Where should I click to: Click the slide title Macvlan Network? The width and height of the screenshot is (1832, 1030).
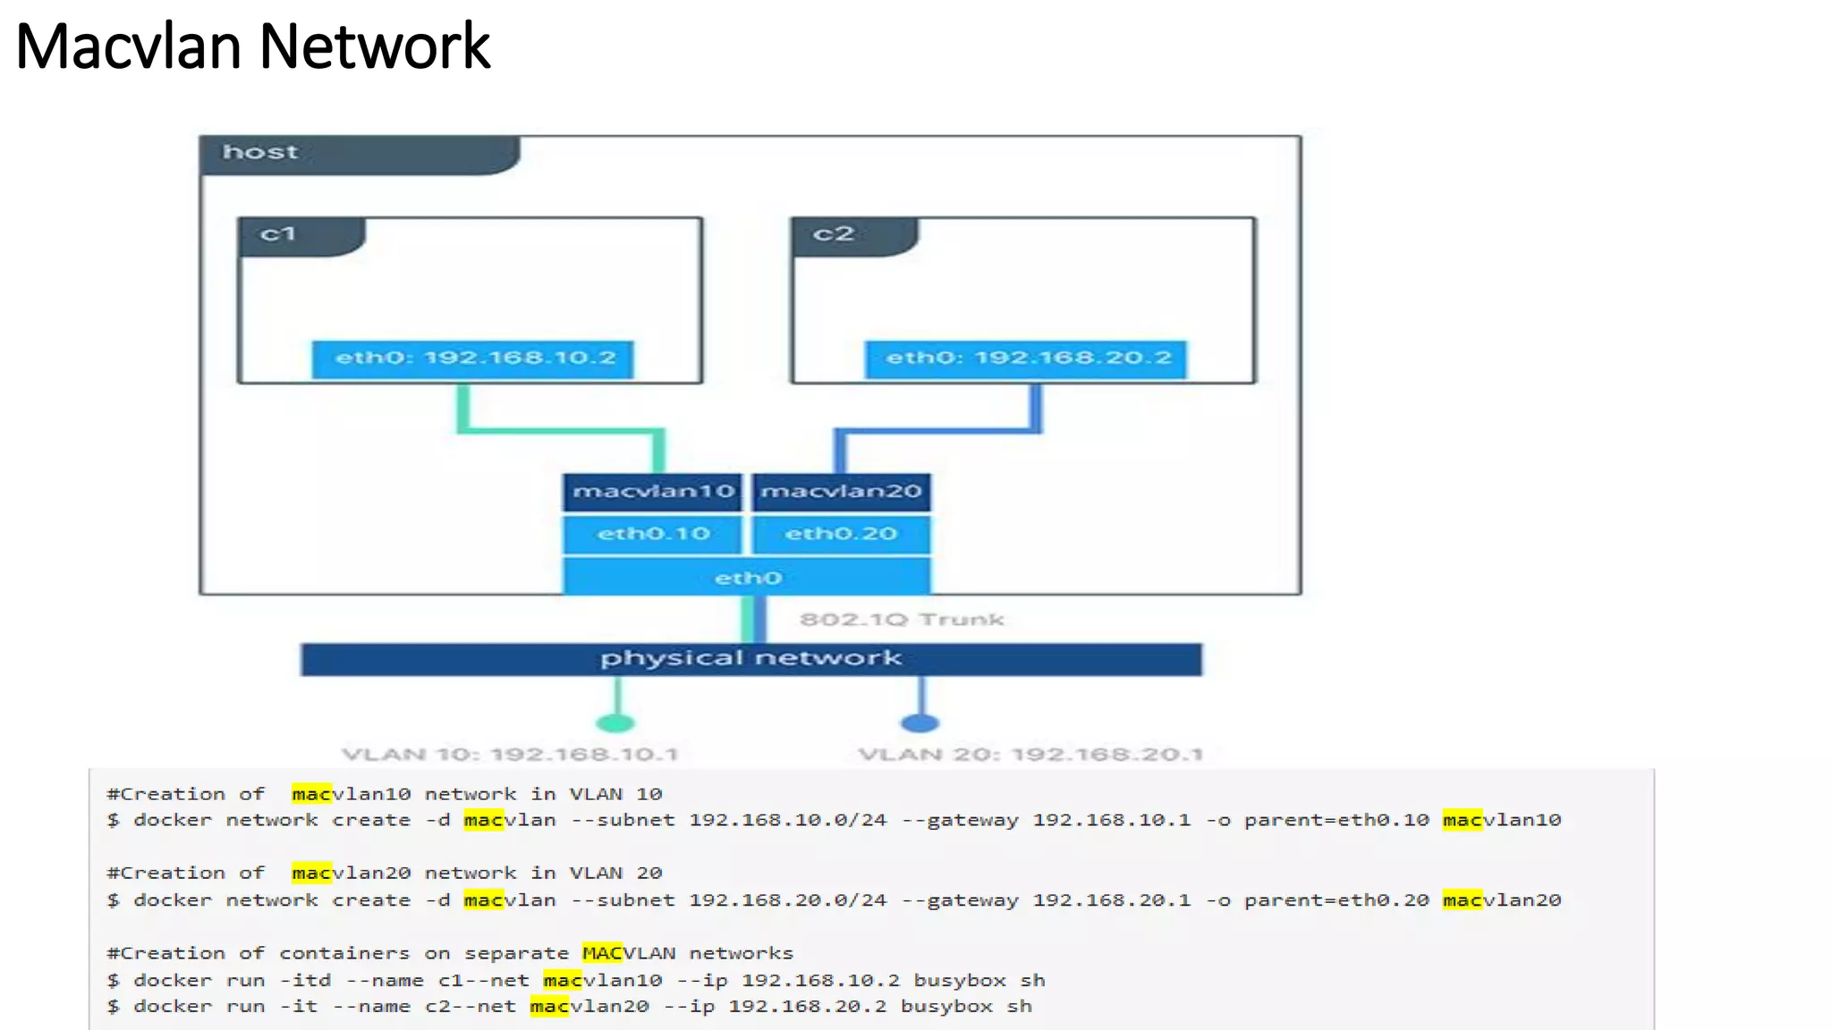[253, 46]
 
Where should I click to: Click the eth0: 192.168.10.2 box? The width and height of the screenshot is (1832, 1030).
[473, 359]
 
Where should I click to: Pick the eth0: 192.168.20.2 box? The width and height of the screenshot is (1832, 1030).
[1026, 359]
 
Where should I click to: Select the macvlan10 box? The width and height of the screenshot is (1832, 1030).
[653, 492]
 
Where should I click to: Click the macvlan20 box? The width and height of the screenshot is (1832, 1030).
[841, 492]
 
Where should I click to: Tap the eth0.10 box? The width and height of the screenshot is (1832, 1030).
[653, 535]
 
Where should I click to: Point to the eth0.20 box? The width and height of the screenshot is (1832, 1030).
[841, 535]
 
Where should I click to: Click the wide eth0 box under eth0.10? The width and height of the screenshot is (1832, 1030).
[747, 578]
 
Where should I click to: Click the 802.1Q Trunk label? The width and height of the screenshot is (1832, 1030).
[902, 620]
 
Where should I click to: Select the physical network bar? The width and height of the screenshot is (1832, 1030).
[751, 659]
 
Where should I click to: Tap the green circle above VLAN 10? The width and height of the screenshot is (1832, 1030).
[615, 722]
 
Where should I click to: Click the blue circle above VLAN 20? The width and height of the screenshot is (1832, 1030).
[920, 722]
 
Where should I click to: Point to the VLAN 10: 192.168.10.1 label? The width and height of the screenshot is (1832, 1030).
[510, 755]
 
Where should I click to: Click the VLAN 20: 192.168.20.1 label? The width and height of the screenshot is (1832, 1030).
[1030, 755]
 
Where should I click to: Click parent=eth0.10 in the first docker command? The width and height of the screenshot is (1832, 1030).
[1336, 820]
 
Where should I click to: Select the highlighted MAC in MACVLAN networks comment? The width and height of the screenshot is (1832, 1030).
[602, 953]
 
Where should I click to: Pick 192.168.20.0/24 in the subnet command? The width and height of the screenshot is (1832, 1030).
[788, 900]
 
